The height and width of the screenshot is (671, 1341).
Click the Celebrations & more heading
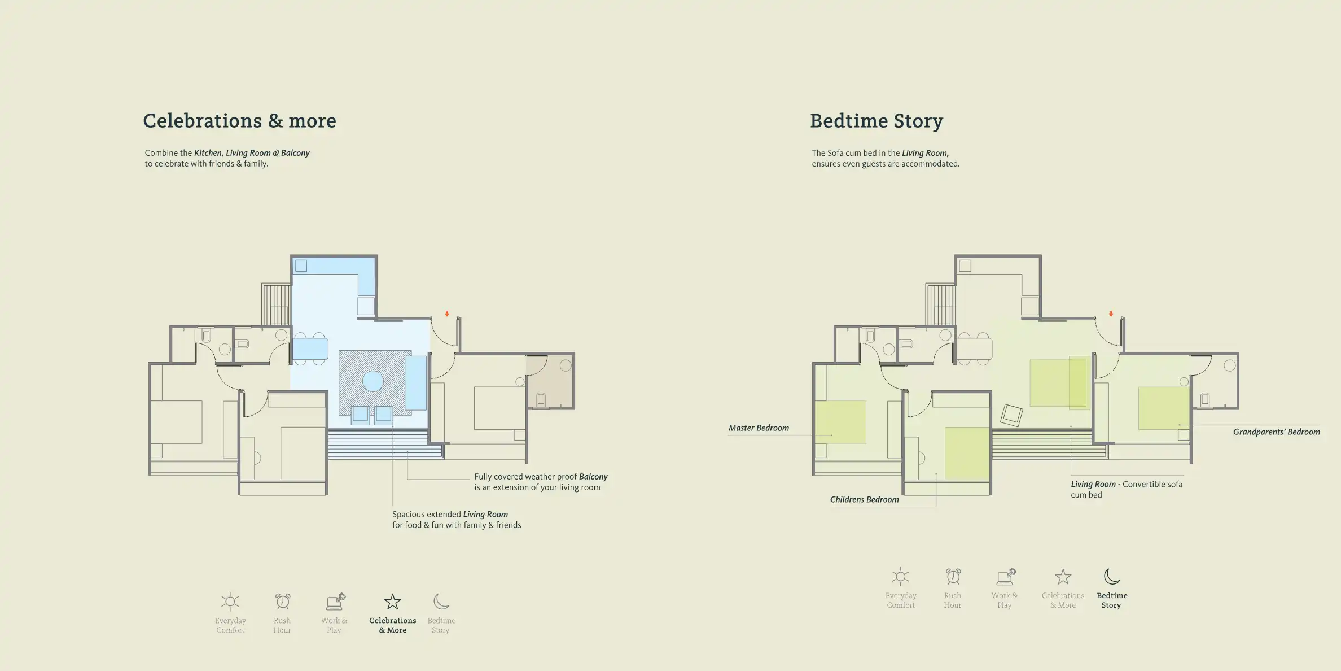[x=239, y=121]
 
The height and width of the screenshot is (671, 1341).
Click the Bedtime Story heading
[x=876, y=121]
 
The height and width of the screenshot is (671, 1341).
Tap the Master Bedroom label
[x=758, y=428]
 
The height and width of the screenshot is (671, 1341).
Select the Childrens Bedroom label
[x=864, y=500]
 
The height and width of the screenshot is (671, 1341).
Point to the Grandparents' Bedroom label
[x=1276, y=432]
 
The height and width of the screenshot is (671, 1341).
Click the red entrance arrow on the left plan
[x=447, y=313]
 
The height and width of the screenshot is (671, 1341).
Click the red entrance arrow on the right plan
[x=1111, y=313]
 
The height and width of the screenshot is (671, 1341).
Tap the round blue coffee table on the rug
[x=373, y=381]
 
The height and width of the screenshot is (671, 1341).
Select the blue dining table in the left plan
[x=310, y=348]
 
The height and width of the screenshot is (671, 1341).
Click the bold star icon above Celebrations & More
[x=392, y=602]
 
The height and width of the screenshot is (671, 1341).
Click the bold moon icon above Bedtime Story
[x=1111, y=577]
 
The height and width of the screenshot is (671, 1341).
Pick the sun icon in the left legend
[x=230, y=602]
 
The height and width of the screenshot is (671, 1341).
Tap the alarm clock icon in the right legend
[x=953, y=577]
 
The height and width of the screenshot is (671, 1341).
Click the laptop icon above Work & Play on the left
[x=335, y=602]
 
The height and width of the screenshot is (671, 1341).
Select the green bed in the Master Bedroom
[x=840, y=422]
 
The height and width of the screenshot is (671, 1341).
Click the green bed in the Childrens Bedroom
[x=967, y=453]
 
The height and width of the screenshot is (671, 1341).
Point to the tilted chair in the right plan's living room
[x=1011, y=415]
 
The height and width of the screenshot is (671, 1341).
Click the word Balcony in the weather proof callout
[x=593, y=477]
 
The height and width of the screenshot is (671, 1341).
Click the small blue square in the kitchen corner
[x=301, y=265]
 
